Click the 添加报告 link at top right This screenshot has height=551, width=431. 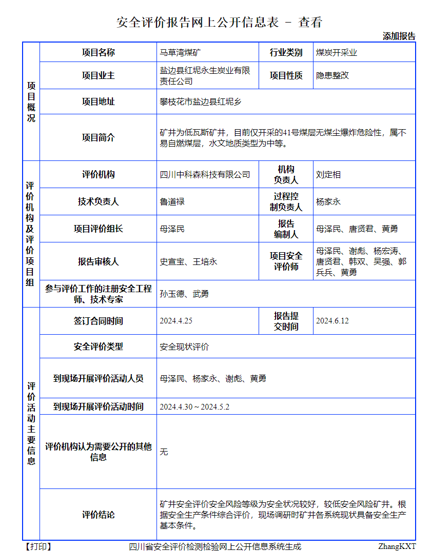(x=399, y=36)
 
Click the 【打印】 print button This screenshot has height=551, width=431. (x=38, y=546)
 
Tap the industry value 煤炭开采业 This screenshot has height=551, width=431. (x=336, y=52)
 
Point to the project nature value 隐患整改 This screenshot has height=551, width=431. (x=332, y=75)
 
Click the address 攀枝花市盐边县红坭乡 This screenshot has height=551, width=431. (x=201, y=101)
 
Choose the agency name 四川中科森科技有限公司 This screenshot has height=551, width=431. (x=205, y=175)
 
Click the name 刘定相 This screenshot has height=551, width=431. (x=328, y=175)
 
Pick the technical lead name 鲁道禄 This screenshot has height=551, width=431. (x=172, y=202)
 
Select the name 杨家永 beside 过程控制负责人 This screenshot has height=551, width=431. (x=328, y=202)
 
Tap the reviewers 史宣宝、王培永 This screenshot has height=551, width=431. (x=188, y=261)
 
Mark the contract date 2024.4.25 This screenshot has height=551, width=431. (x=176, y=321)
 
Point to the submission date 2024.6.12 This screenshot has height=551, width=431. (x=332, y=321)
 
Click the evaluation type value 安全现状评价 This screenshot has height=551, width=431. (x=184, y=346)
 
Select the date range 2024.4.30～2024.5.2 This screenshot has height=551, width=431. (x=194, y=406)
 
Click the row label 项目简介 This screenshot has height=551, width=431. (x=98, y=137)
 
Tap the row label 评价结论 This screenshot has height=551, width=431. (x=98, y=514)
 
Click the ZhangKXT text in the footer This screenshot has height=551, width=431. (x=397, y=546)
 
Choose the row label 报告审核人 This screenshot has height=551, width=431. (x=98, y=261)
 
